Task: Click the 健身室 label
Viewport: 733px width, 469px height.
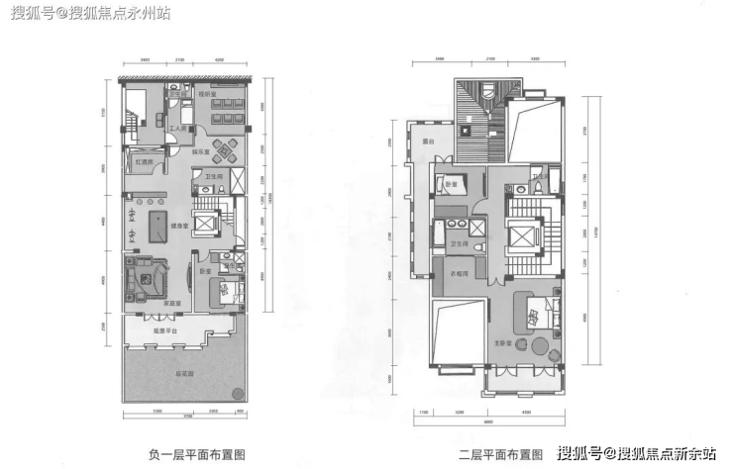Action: (179, 226)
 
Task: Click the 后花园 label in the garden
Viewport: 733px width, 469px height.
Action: (184, 375)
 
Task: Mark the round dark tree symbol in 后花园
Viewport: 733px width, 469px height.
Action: (238, 394)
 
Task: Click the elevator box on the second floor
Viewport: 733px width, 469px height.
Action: (521, 234)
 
